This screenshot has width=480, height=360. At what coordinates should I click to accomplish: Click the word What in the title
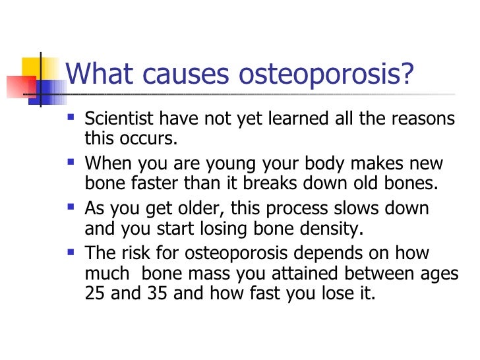point(100,75)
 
